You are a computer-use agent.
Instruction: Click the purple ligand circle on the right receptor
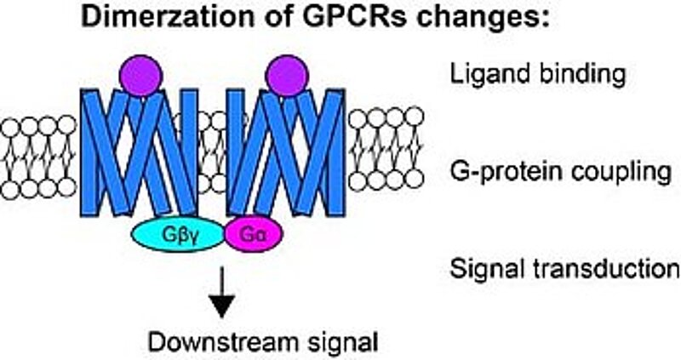point(285,74)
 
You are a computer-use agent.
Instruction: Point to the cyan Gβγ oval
point(178,233)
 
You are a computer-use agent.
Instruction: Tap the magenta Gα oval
point(253,233)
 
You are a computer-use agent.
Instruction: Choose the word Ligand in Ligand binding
point(481,76)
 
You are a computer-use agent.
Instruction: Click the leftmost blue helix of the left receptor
point(91,153)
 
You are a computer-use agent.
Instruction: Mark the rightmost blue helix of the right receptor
point(335,153)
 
